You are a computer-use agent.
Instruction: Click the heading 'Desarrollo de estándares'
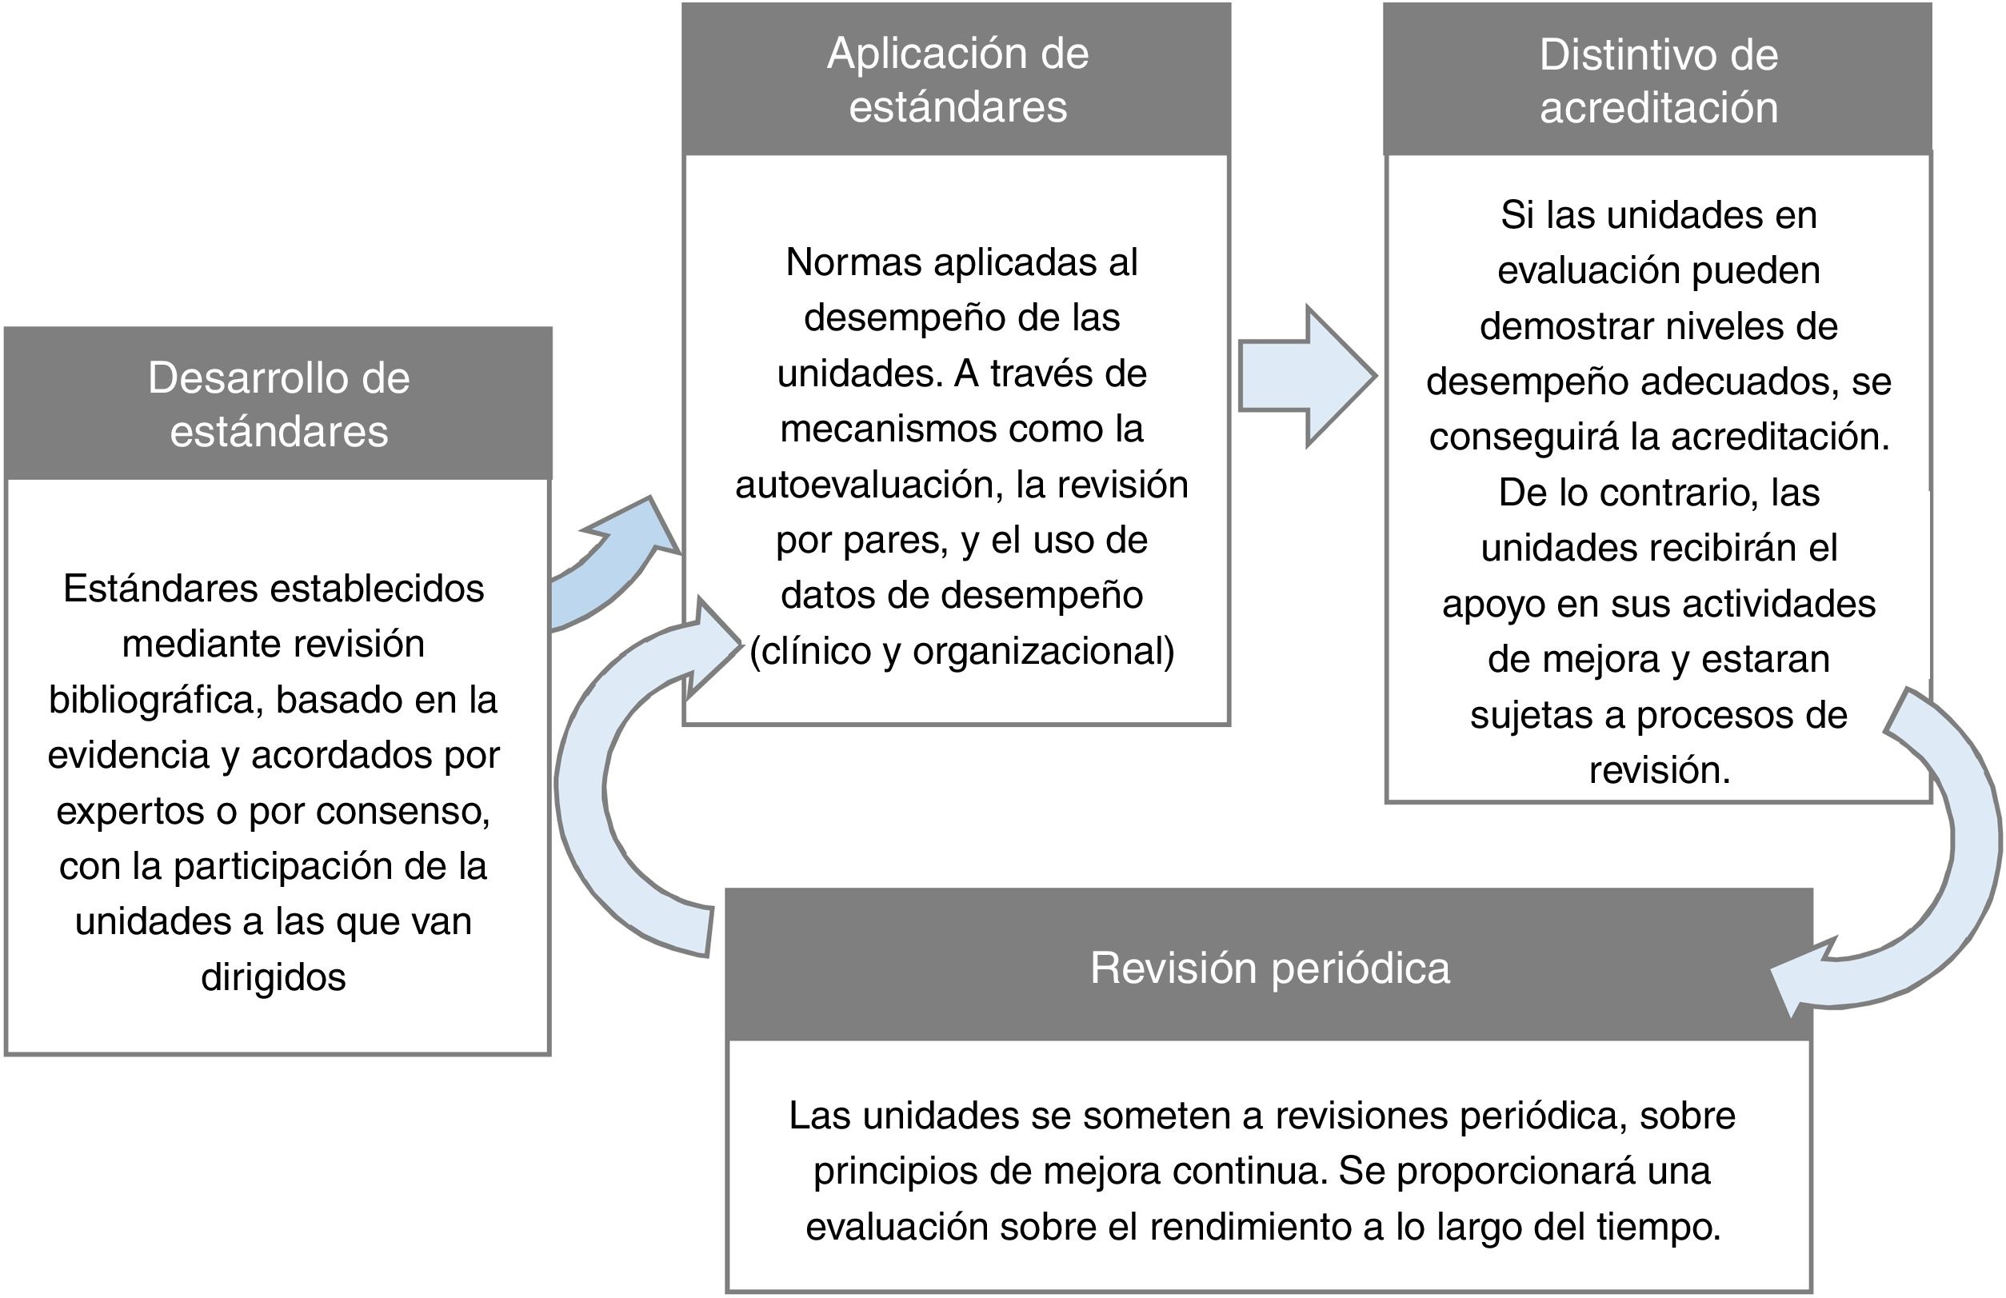[x=278, y=404]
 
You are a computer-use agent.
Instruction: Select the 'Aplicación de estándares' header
[x=957, y=80]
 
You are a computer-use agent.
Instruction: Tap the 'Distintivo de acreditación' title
[x=1658, y=81]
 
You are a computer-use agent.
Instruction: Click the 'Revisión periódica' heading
[x=1269, y=967]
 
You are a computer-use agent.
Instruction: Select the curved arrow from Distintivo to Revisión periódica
[x=1939, y=869]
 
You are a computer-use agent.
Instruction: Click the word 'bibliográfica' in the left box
[x=157, y=700]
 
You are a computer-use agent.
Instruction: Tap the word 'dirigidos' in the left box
[x=273, y=976]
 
